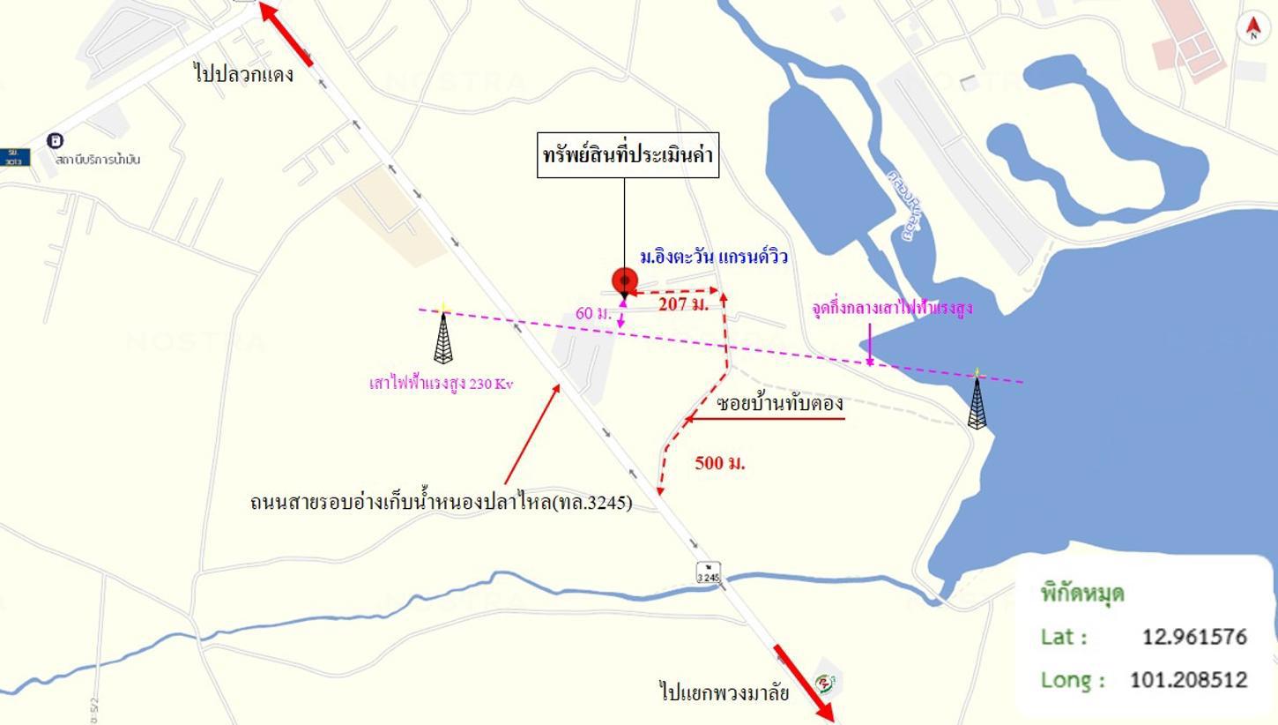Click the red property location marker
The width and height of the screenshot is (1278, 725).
(x=624, y=281)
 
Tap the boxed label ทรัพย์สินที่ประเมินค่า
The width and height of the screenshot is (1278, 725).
(x=628, y=155)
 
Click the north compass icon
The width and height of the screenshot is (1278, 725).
(x=1252, y=28)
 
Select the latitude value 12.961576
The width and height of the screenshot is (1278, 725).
(x=1194, y=637)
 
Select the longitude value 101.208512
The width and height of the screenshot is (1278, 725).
(x=1188, y=680)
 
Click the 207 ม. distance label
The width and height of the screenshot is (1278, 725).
(x=683, y=304)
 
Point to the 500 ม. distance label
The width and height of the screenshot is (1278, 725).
(x=720, y=462)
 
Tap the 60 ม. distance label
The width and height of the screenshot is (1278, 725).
(x=593, y=313)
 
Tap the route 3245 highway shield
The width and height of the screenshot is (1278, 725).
(x=709, y=572)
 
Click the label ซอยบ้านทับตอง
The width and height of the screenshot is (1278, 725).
(x=780, y=403)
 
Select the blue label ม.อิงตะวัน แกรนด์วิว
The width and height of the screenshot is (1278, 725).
(x=714, y=257)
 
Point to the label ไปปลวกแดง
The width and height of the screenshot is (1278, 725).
(x=243, y=73)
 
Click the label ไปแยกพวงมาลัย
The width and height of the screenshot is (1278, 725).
(x=724, y=691)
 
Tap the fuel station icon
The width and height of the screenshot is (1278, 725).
(x=56, y=140)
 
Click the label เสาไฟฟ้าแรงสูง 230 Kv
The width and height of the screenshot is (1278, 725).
(x=441, y=384)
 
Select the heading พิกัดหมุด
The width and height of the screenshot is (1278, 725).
(x=1081, y=593)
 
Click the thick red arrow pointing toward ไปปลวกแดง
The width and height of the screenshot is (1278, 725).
(x=286, y=34)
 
